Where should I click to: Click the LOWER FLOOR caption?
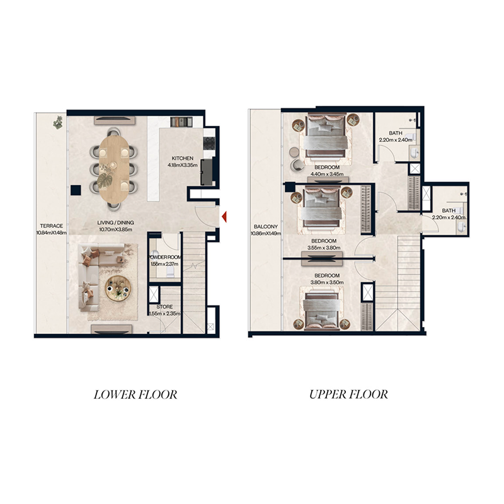pyautogui.click(x=135, y=395)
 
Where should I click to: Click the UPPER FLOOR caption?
pyautogui.click(x=348, y=395)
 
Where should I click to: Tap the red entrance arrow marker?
pyautogui.click(x=223, y=217)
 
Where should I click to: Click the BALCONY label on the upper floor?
pyautogui.click(x=265, y=227)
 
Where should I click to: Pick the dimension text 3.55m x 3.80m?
pyautogui.click(x=323, y=248)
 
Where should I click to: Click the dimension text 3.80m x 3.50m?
pyautogui.click(x=327, y=283)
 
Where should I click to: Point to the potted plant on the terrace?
pyautogui.click(x=58, y=122)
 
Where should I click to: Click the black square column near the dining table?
pyautogui.click(x=76, y=189)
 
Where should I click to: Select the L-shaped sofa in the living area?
pyautogui.click(x=91, y=277)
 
